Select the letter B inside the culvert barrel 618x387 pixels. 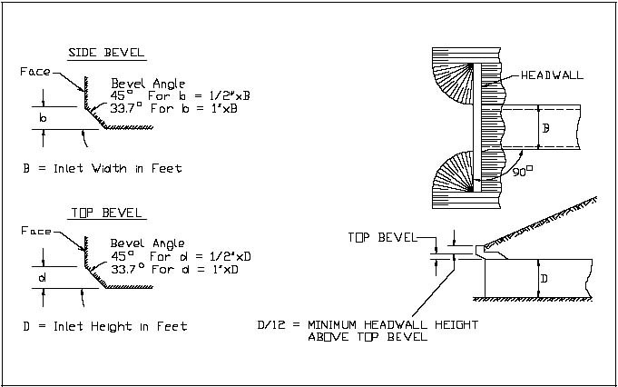pos(544,128)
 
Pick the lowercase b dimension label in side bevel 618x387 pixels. pos(42,118)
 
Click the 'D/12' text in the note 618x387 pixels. pos(273,324)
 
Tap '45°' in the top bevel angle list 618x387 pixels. pos(123,256)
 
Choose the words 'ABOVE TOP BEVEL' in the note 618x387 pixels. pos(368,337)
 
